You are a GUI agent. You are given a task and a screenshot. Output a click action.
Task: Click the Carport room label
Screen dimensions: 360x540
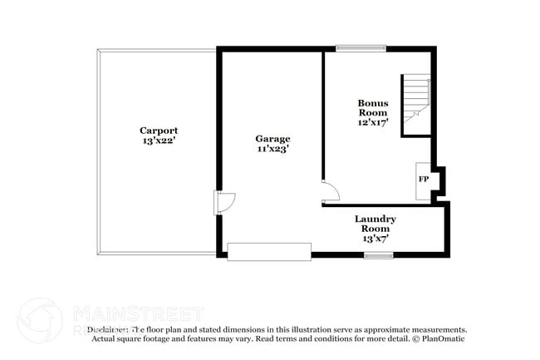[x=158, y=131]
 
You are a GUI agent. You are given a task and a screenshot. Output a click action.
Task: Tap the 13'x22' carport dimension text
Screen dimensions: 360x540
[x=158, y=141]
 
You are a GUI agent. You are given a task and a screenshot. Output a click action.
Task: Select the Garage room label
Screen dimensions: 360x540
[x=272, y=139]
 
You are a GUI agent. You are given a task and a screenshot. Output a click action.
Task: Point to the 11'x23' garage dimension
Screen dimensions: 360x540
[x=272, y=150]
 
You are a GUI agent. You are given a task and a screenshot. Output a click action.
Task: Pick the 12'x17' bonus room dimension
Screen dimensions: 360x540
[x=373, y=121]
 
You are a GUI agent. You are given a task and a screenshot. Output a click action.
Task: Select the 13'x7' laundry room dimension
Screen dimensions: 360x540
[x=376, y=239]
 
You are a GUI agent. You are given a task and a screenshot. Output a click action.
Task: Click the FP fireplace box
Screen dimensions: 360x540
[x=423, y=180]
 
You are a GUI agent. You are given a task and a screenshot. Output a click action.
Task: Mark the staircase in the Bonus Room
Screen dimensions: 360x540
[x=415, y=105]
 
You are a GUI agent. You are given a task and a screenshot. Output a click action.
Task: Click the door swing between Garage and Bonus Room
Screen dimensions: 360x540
[x=330, y=191]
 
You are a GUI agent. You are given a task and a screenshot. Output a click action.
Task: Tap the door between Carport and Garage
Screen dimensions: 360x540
[x=225, y=202]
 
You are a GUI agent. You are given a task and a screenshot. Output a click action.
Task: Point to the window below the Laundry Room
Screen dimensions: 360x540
[x=378, y=255]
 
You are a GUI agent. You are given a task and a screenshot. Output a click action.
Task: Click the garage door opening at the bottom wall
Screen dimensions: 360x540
[x=268, y=252]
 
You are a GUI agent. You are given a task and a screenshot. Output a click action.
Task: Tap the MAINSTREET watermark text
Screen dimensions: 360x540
[x=138, y=313]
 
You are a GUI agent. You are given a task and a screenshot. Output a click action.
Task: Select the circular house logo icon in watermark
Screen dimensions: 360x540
[x=40, y=321]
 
